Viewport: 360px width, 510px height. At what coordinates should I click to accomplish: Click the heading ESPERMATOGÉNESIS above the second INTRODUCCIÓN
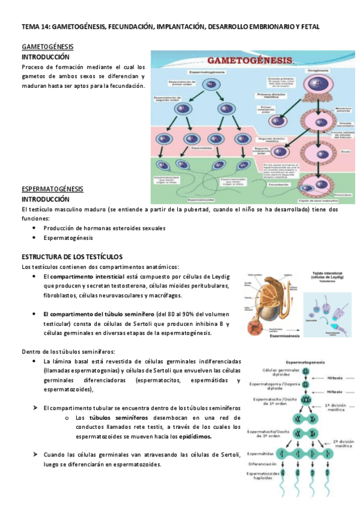pos(52,189)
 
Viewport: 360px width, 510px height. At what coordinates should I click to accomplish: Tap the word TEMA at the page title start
pos(29,27)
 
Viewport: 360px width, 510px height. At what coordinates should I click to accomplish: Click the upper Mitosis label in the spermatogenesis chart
pos(335,378)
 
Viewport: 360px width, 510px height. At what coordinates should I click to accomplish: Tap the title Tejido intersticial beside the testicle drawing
pos(329,272)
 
